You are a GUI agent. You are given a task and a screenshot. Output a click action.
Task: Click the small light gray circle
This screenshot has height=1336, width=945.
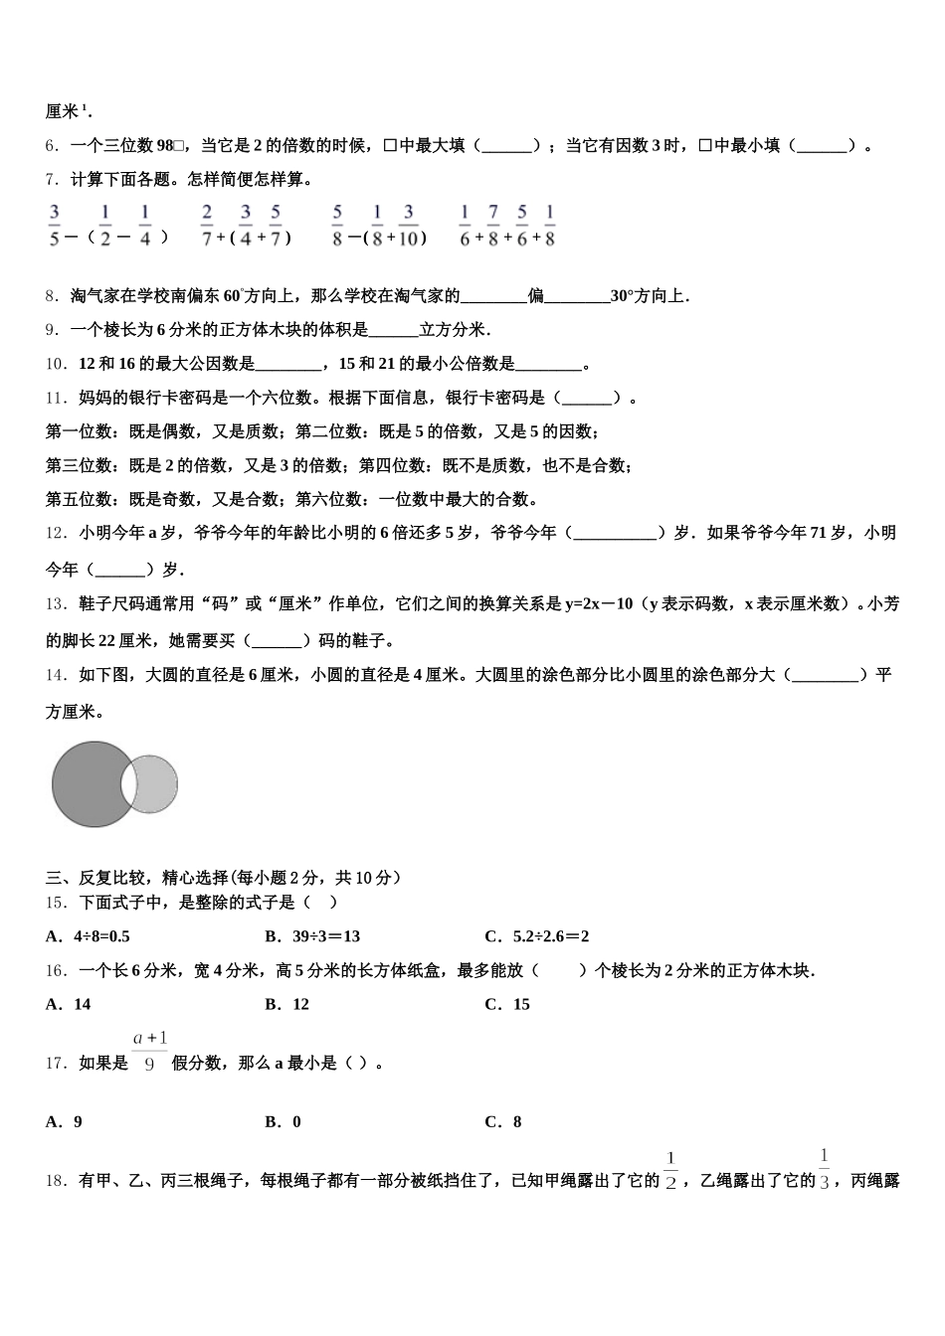click(158, 783)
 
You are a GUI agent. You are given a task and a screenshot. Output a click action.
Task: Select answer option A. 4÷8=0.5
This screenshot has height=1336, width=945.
click(88, 936)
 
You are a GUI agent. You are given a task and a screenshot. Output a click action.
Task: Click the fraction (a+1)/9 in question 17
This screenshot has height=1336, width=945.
click(150, 1052)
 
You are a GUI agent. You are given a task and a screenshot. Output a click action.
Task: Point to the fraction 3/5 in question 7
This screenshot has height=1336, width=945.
click(55, 225)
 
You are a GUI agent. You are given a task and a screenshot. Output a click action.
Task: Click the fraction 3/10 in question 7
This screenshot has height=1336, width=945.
click(408, 225)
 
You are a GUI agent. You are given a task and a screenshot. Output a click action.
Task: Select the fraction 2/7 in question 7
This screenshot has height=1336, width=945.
click(207, 225)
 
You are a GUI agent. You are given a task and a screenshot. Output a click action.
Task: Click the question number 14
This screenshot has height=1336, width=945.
click(56, 676)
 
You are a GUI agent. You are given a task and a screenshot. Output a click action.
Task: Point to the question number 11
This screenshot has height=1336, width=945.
click(56, 399)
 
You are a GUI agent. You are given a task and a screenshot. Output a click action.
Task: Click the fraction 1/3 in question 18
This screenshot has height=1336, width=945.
click(824, 1169)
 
